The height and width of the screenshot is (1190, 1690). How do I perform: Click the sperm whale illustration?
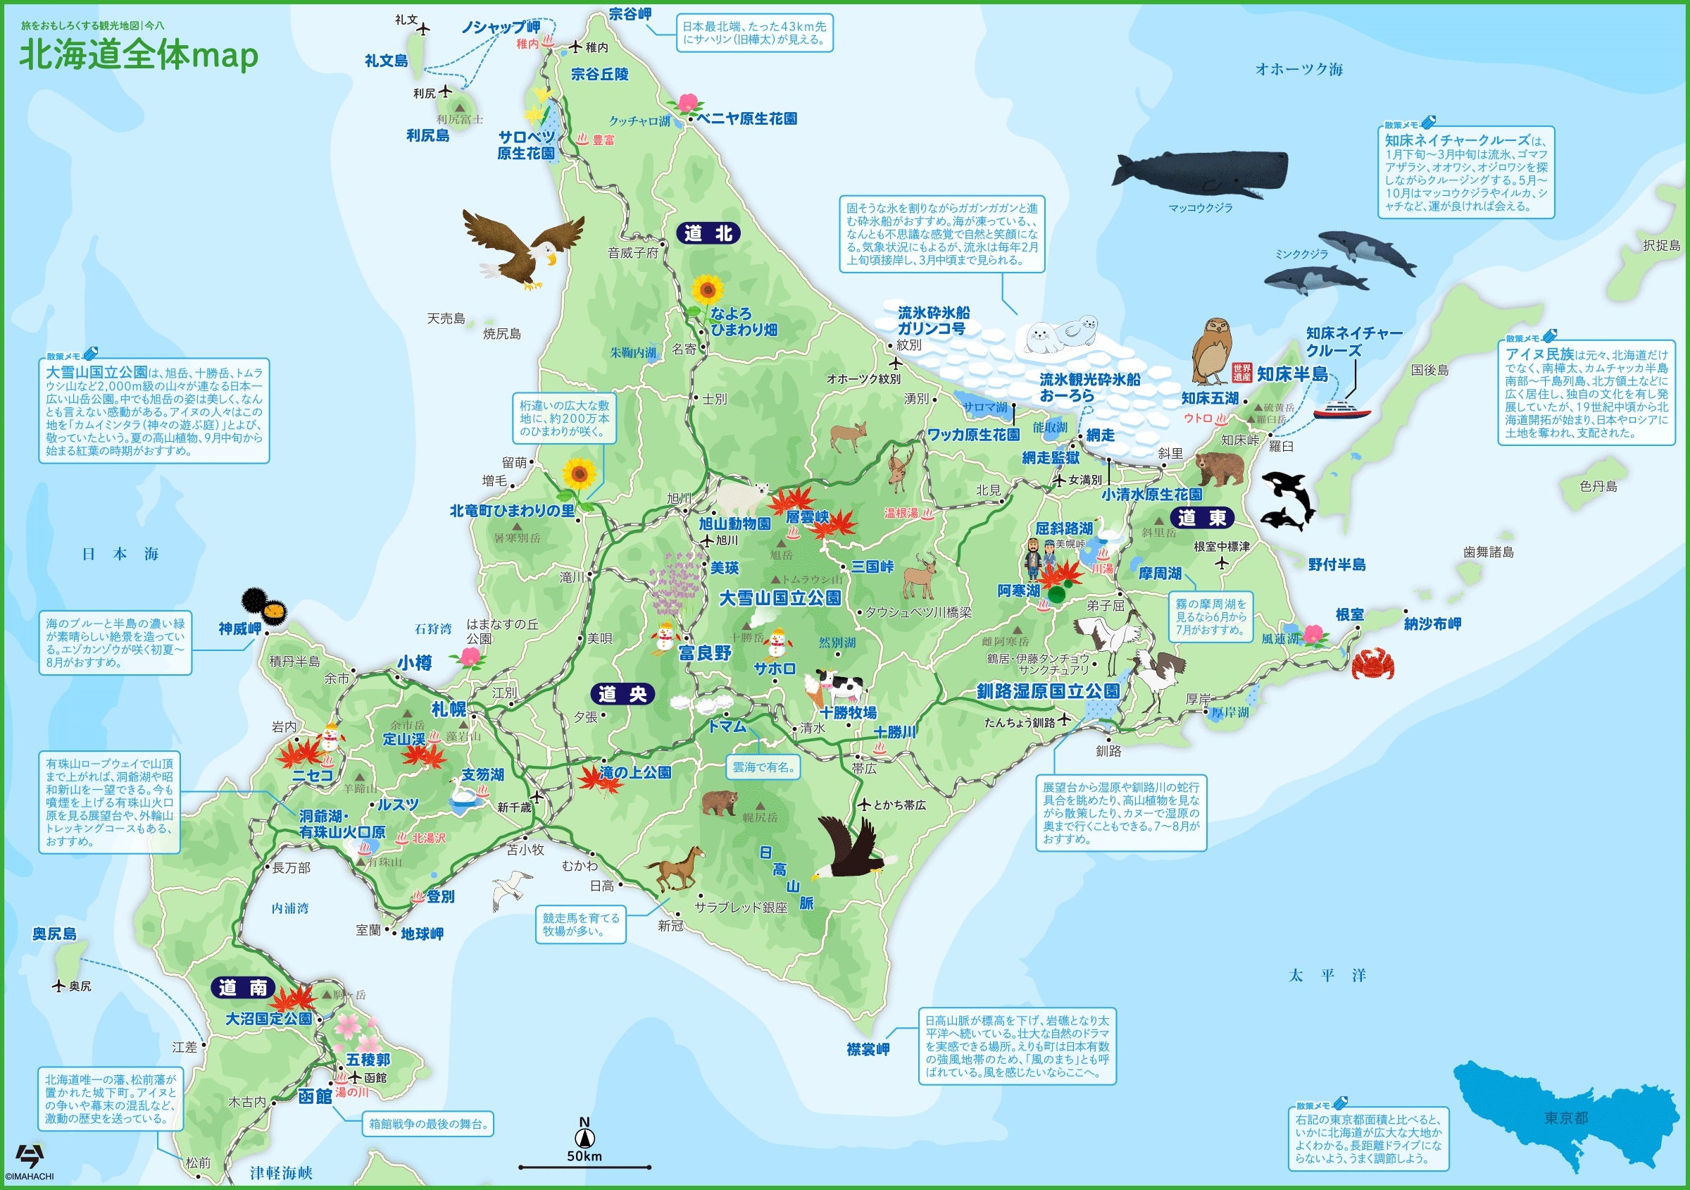1200,175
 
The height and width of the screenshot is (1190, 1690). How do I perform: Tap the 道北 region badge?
708,233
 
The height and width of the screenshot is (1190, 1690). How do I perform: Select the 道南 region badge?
242,988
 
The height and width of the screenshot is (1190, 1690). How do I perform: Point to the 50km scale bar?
584,1167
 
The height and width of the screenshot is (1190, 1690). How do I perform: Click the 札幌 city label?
449,708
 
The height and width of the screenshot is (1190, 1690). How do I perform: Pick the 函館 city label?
315,1096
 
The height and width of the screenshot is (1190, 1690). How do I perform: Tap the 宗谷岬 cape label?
630,14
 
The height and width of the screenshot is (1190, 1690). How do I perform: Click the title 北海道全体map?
139,56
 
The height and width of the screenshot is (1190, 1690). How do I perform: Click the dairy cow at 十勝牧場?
839,686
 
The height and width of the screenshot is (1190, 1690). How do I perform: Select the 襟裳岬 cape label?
868,1049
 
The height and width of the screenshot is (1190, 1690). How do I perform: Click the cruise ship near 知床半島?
1341,409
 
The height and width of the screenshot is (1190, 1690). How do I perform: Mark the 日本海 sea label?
120,554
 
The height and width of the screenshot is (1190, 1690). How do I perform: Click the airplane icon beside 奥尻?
59,985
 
